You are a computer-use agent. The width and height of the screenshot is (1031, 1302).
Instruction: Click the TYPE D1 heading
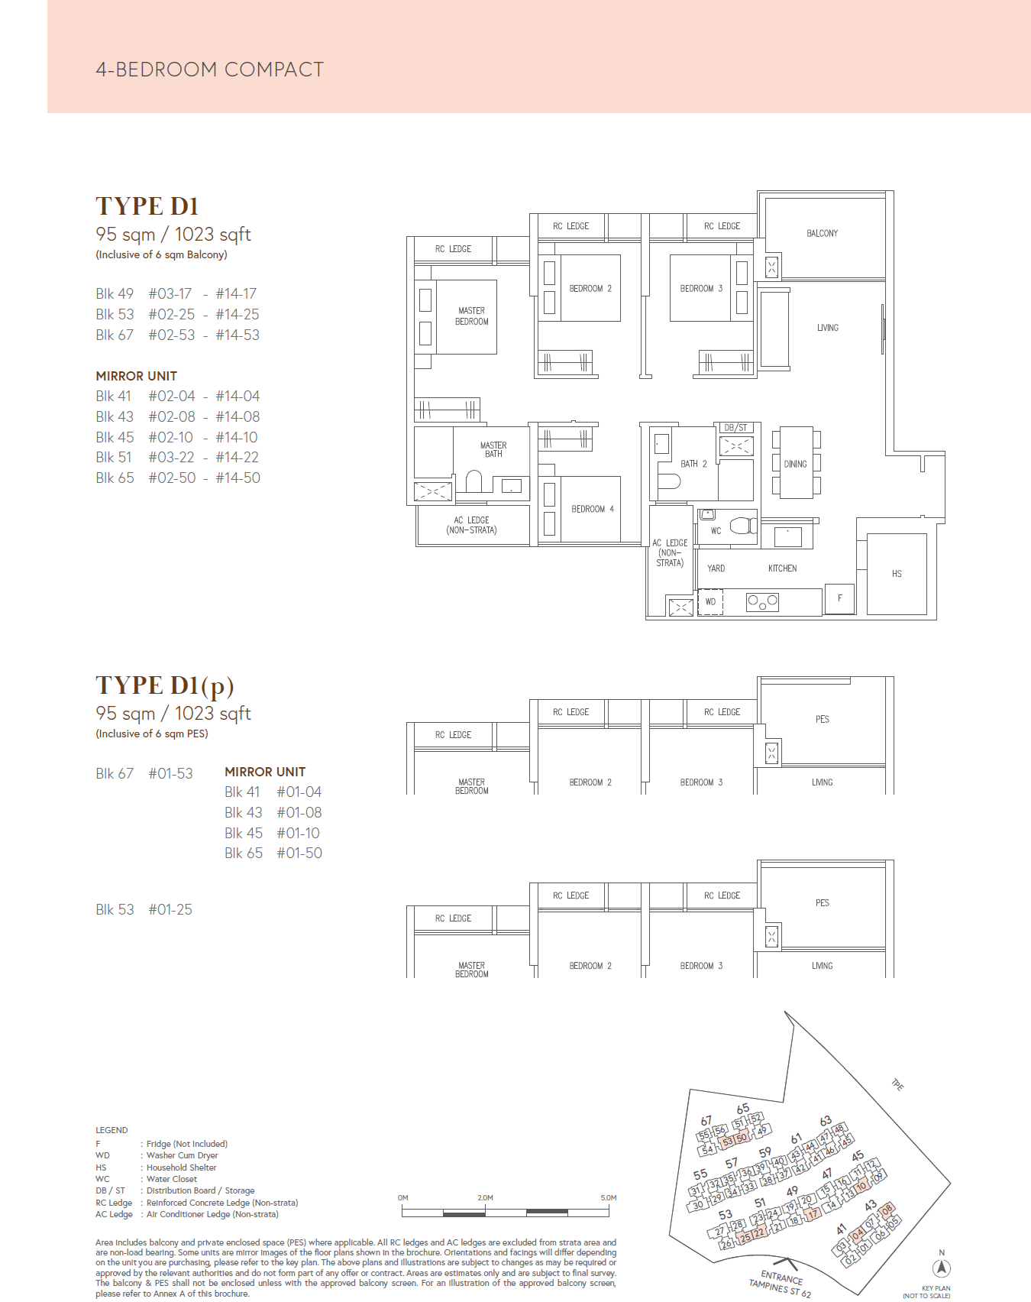pyautogui.click(x=147, y=206)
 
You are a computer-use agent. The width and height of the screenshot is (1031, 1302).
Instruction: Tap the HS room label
pyautogui.click(x=897, y=574)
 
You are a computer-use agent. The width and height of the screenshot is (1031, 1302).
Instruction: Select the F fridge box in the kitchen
pyautogui.click(x=839, y=599)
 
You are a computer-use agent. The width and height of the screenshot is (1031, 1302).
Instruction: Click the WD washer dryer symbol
pyautogui.click(x=710, y=602)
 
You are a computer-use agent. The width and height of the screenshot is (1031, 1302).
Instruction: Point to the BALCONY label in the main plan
pyautogui.click(x=822, y=233)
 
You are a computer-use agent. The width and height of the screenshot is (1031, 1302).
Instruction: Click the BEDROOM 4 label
pyautogui.click(x=592, y=509)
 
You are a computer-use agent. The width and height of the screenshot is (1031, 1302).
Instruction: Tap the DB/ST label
pyautogui.click(x=735, y=428)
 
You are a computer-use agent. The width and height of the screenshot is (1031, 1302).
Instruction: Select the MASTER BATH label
pyautogui.click(x=493, y=449)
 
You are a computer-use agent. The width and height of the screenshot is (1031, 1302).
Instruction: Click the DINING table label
pyautogui.click(x=795, y=464)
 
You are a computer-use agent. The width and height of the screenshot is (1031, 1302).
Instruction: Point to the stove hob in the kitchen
pyautogui.click(x=762, y=602)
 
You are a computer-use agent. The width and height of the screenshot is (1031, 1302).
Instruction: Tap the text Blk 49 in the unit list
pyautogui.click(x=115, y=293)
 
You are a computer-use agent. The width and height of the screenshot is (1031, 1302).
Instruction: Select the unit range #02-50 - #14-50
pyautogui.click(x=204, y=478)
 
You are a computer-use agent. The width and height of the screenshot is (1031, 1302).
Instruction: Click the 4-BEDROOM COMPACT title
pyautogui.click(x=209, y=70)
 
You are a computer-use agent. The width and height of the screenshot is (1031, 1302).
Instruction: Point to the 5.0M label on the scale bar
pyautogui.click(x=609, y=1197)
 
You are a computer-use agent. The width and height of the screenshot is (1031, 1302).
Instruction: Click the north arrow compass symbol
pyautogui.click(x=942, y=1268)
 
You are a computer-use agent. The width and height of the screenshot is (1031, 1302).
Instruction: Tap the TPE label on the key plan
pyautogui.click(x=897, y=1085)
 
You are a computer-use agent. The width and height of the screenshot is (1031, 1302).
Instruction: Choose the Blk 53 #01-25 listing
pyautogui.click(x=144, y=909)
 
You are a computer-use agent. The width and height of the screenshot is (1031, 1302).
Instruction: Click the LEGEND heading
pyautogui.click(x=112, y=1130)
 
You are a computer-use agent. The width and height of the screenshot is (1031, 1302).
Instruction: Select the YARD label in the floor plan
pyautogui.click(x=716, y=568)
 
